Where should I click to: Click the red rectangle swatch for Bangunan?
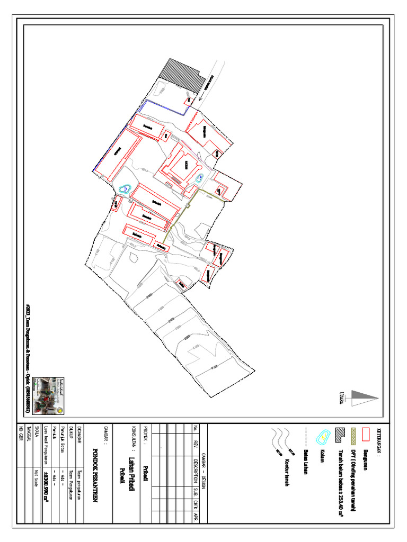365,434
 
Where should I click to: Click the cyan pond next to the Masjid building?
199,178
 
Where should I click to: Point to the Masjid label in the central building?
186,165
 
